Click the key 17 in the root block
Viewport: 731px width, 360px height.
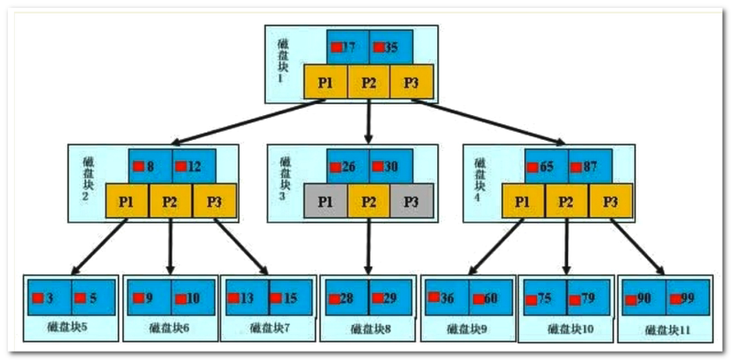(x=348, y=47)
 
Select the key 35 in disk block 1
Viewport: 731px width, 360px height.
(x=390, y=47)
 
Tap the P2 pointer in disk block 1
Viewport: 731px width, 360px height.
(x=369, y=83)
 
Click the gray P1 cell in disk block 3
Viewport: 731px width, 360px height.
(x=325, y=201)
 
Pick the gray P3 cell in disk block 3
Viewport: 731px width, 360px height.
(x=411, y=201)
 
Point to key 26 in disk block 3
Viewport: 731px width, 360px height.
(x=347, y=166)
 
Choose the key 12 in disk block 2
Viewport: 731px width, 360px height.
(x=193, y=166)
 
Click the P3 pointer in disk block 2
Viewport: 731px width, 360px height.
(x=215, y=201)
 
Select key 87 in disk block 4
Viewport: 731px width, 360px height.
(x=589, y=166)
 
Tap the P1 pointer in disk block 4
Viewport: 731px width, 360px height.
(x=523, y=201)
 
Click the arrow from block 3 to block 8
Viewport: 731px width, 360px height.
(x=369, y=249)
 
